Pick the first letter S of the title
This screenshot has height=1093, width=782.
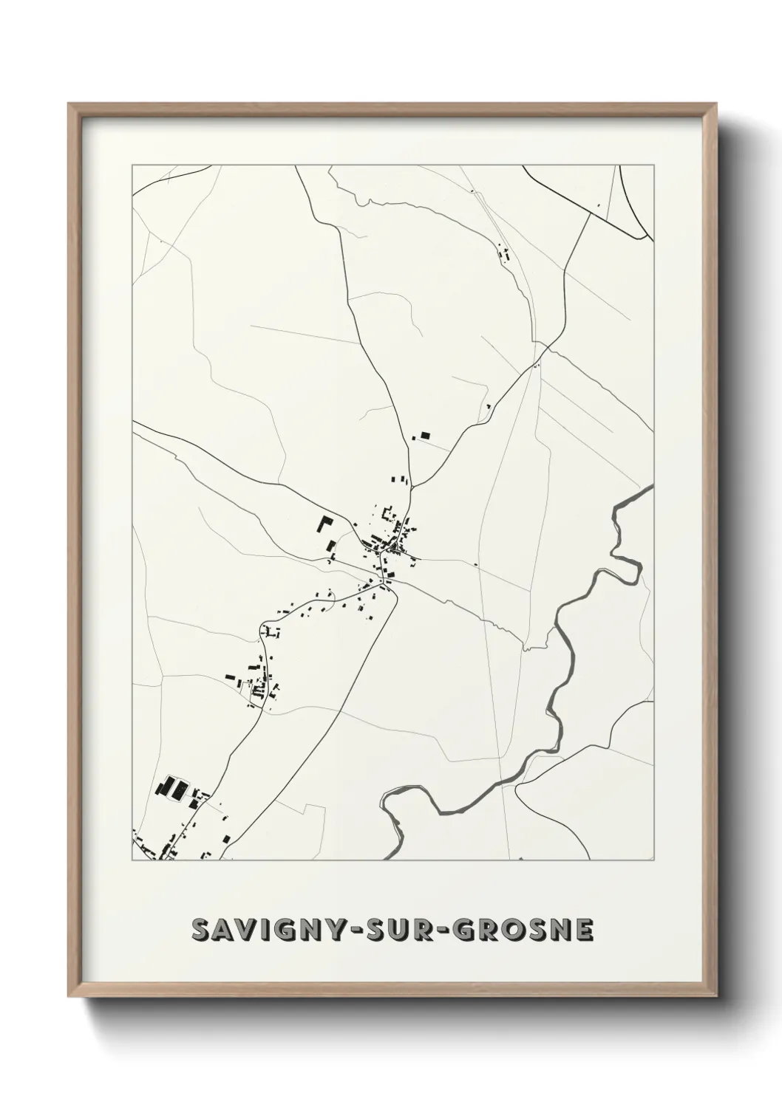click(x=200, y=930)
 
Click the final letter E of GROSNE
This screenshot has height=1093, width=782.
click(x=584, y=930)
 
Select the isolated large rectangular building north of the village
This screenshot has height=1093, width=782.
click(x=424, y=436)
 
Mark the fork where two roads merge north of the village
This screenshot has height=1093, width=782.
click(x=412, y=487)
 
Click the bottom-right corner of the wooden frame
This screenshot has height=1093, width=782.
click(x=715, y=995)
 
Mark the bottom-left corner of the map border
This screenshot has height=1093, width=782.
click(x=132, y=860)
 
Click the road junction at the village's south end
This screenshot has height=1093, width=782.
click(x=384, y=583)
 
